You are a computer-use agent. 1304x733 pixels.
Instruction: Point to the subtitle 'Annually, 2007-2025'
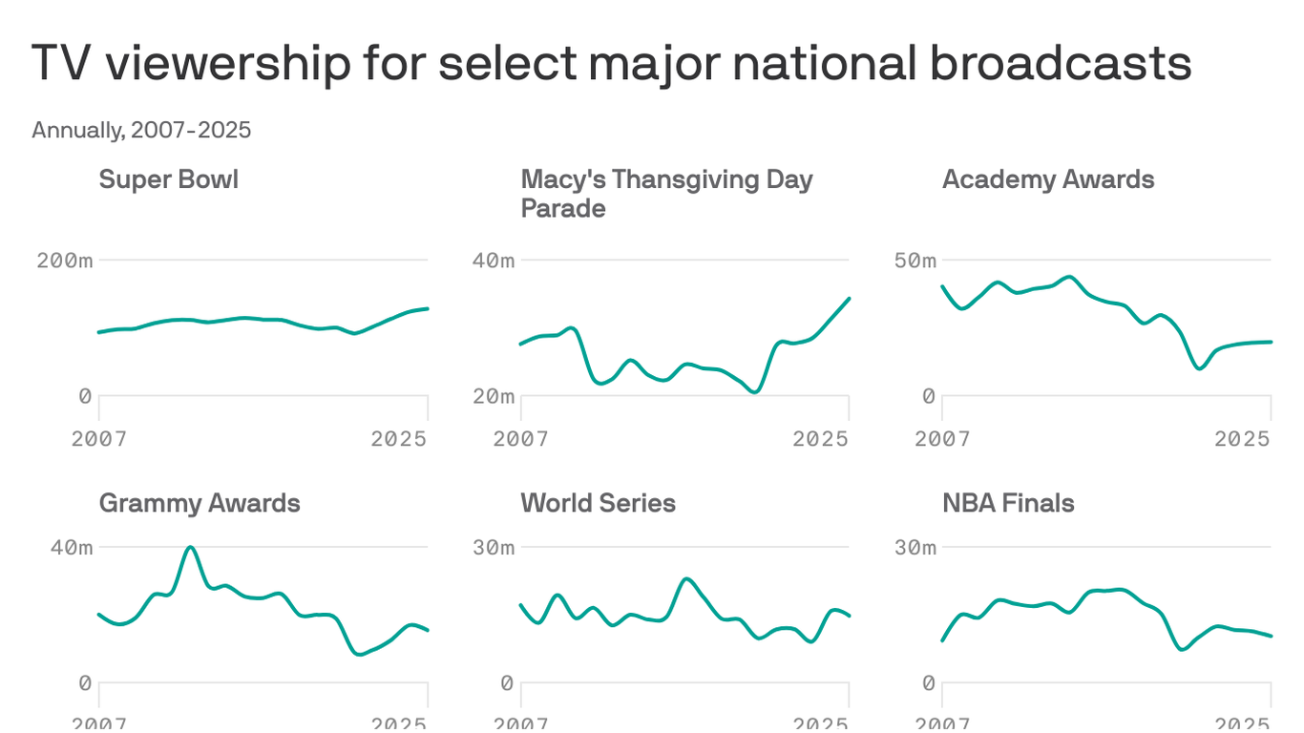141,130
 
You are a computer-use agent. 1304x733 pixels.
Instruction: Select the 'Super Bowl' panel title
169,179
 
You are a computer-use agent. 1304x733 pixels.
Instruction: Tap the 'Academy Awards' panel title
1048,179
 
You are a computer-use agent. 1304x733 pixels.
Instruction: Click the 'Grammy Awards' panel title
200,503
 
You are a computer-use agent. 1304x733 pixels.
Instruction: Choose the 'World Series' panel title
598,503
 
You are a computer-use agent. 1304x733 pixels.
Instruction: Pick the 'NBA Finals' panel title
1008,503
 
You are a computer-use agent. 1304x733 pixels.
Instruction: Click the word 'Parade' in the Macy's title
563,208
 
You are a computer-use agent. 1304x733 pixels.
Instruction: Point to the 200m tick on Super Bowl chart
65,261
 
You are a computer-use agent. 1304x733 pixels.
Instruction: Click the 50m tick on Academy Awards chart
915,261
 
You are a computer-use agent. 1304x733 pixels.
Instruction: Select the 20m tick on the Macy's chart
494,396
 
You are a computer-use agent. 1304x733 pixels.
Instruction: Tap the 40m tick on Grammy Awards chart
73,548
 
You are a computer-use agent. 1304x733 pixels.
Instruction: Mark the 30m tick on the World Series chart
494,548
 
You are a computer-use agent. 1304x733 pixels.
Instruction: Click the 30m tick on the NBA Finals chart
915,548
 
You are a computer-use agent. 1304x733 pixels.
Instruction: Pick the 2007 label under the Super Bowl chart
99,439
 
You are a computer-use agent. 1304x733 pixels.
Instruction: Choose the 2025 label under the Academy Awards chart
1243,439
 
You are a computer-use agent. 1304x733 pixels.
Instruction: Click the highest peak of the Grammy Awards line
191,547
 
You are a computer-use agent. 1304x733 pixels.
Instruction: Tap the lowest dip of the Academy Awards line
1200,368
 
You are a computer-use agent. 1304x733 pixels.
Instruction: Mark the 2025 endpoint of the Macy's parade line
849,299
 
